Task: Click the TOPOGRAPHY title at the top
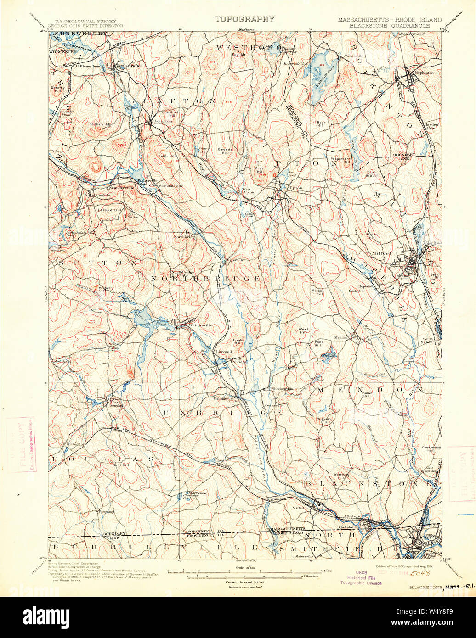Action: coord(244,19)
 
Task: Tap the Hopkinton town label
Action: coord(419,73)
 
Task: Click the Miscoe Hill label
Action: coord(318,292)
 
